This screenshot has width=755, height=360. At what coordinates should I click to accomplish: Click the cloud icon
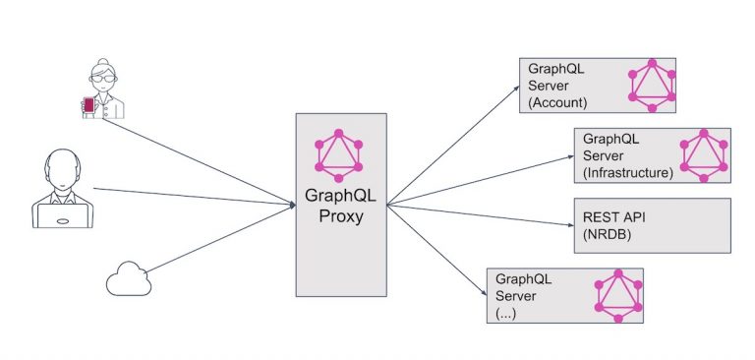click(130, 280)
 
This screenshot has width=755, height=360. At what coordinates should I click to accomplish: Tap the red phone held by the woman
click(89, 104)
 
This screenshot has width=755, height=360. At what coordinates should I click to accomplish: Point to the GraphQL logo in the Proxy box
click(340, 155)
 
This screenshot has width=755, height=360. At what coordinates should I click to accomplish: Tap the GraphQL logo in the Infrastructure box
click(706, 153)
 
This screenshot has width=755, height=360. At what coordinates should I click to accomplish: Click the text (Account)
click(558, 102)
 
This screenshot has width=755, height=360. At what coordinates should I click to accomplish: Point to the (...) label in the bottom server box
click(506, 314)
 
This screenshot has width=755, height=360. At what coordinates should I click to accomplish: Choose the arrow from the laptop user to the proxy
click(197, 197)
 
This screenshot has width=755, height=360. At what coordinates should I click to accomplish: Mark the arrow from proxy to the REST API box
click(482, 213)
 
